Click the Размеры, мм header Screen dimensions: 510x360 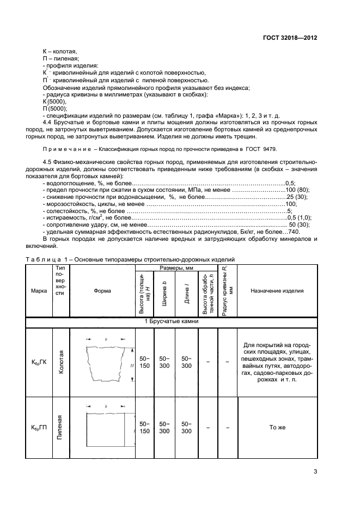(173, 269)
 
